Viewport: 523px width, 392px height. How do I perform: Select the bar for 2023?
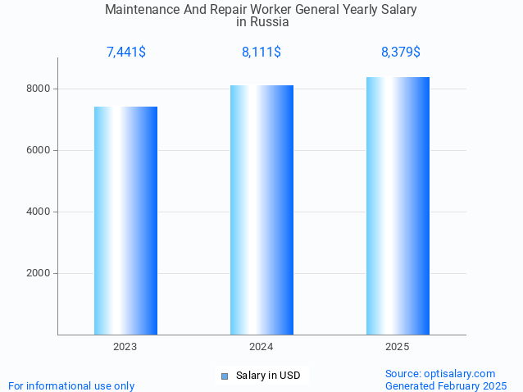[x=125, y=221]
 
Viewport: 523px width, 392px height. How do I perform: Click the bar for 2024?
[x=261, y=210]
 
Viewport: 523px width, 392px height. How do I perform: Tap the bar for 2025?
[x=398, y=206]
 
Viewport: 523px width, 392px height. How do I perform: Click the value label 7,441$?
[x=125, y=52]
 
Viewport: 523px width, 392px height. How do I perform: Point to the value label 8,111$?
[x=261, y=52]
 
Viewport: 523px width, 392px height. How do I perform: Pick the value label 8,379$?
[x=400, y=52]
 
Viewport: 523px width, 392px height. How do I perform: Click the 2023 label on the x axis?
[x=125, y=347]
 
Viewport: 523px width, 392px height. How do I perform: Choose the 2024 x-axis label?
[x=261, y=347]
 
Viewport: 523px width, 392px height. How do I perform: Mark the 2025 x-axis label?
[x=398, y=347]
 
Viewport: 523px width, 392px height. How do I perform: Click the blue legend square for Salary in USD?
[x=224, y=376]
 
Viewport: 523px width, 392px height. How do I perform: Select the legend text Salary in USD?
[x=268, y=376]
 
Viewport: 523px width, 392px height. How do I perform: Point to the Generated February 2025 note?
[x=446, y=385]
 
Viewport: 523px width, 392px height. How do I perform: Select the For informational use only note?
[x=71, y=385]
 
